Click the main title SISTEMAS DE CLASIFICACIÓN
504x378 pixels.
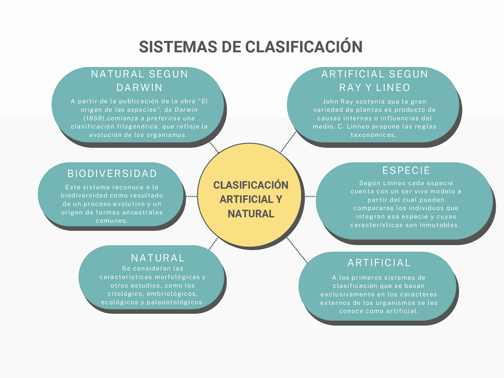point(251,47)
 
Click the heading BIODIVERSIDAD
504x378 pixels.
point(112,174)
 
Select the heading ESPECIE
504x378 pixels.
point(406,170)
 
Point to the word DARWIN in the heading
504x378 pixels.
point(139,87)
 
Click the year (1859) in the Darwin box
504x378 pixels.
point(95,118)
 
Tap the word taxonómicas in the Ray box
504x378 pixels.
point(373,135)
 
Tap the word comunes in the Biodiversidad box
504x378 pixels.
point(111,221)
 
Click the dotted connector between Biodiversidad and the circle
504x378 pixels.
point(191,196)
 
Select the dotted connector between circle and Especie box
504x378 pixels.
point(310,196)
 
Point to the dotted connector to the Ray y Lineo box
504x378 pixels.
point(288,142)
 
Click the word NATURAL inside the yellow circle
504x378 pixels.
point(251,214)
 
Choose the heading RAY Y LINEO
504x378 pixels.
point(374,87)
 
